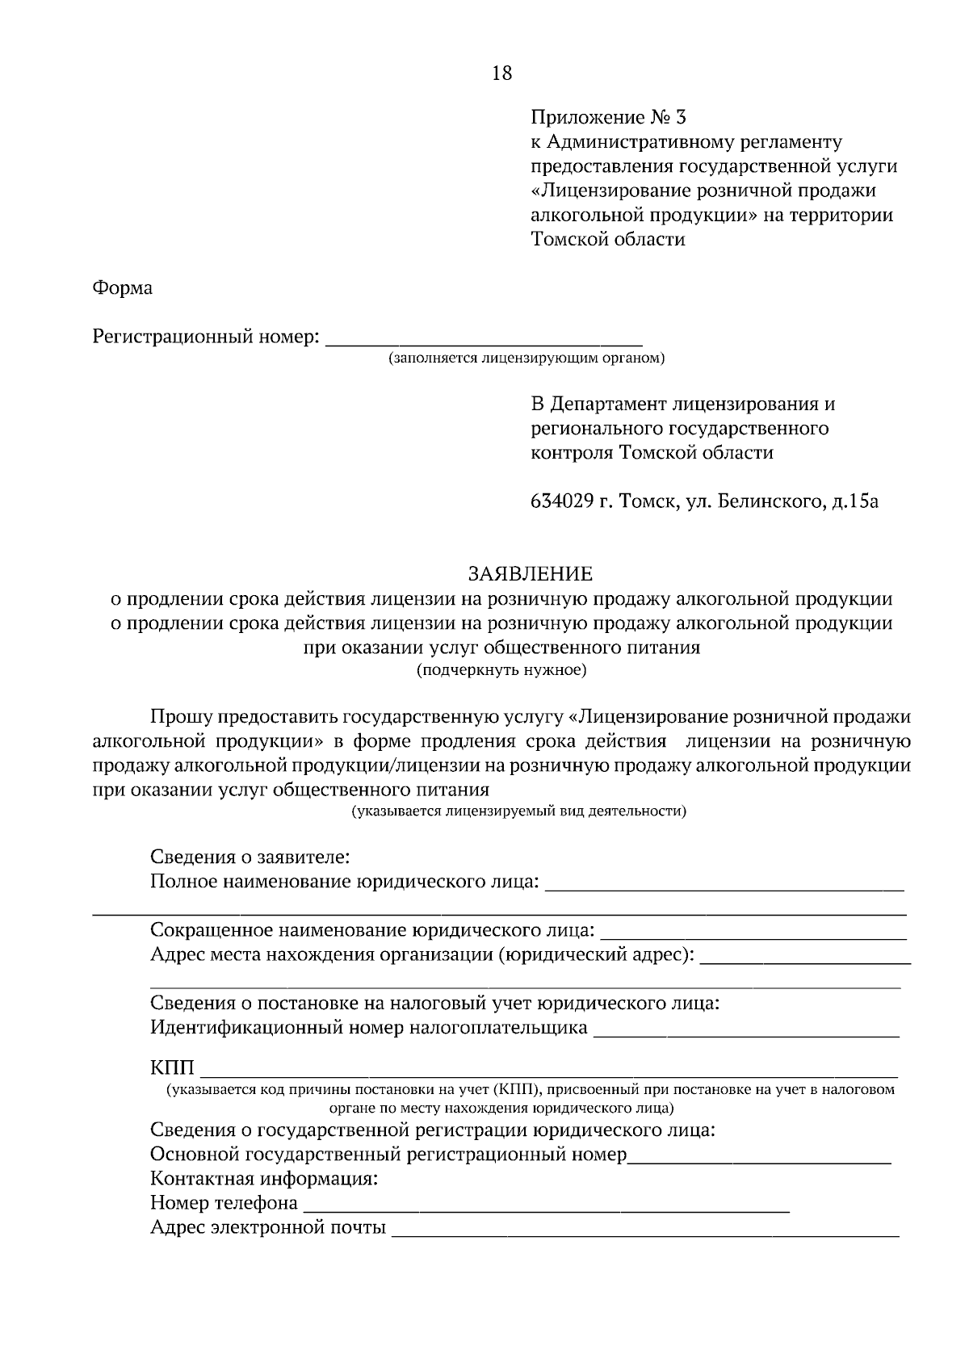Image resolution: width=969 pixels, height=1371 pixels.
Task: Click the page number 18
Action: pos(501,73)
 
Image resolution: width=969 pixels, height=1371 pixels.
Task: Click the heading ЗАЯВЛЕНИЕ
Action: pos(531,574)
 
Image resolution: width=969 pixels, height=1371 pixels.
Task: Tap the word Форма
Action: pos(123,288)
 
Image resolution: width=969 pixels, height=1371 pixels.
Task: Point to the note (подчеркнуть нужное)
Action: pos(501,670)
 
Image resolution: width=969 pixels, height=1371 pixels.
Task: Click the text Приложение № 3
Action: pos(608,119)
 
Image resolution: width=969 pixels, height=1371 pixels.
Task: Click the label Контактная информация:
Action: pos(264,1179)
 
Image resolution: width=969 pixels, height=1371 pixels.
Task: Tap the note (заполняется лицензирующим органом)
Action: pos(526,358)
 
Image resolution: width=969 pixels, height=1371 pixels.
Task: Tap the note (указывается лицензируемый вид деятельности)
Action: pos(518,811)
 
